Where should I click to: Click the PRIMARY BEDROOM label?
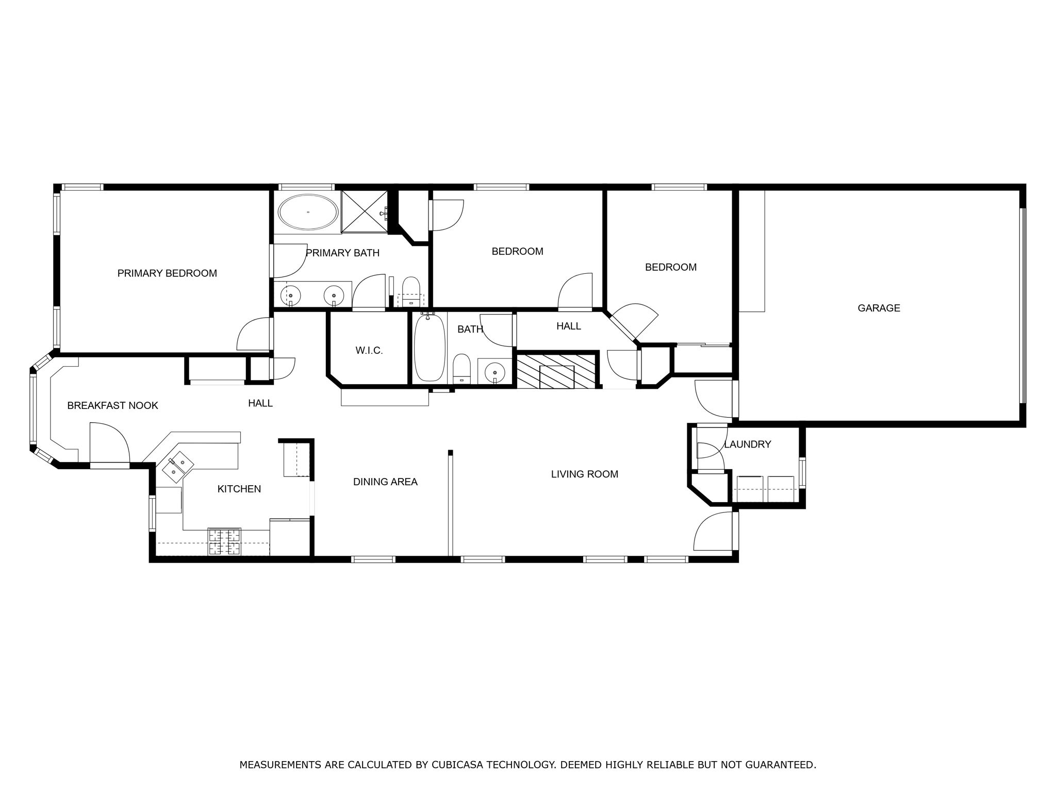[x=167, y=273]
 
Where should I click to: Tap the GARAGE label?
[x=879, y=308]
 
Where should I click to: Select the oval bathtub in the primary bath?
[x=308, y=212]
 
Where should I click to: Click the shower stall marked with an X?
[x=365, y=211]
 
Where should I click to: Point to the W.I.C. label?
[x=369, y=351]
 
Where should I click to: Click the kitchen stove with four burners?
[x=224, y=542]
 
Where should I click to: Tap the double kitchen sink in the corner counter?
[x=178, y=463]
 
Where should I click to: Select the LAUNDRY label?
[x=747, y=444]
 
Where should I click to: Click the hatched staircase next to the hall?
[x=557, y=370]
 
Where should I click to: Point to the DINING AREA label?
[x=385, y=482]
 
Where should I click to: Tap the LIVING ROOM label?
[x=584, y=474]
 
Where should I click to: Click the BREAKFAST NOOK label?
[x=112, y=405]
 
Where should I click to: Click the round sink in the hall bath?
[x=495, y=371]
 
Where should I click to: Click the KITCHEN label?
[x=239, y=489]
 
